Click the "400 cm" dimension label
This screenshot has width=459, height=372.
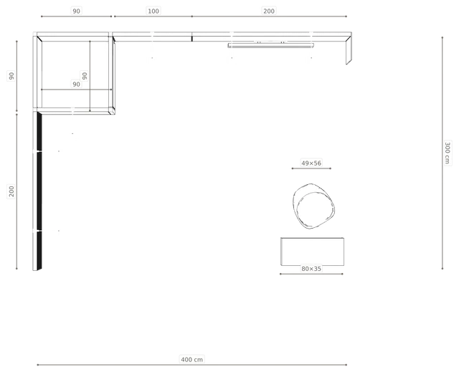point(191,359)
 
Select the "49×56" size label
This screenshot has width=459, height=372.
point(311,163)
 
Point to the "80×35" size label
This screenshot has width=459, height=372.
point(311,269)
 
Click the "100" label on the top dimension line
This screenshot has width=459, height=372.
point(153,11)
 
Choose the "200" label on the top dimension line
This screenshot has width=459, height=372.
point(269,11)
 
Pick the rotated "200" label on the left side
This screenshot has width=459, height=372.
point(11,191)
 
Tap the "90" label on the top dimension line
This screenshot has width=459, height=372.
point(76,11)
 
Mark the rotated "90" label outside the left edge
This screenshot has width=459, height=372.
point(11,76)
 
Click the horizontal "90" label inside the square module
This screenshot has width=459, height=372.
point(76,85)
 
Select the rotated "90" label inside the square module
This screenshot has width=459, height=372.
point(85,76)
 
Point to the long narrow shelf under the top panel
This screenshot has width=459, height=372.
point(271,45)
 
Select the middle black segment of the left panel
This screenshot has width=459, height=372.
point(39,191)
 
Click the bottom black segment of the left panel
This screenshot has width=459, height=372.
point(39,250)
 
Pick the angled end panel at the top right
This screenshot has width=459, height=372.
point(349,49)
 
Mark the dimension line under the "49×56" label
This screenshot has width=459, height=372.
point(311,168)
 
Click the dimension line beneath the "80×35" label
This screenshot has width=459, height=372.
point(311,274)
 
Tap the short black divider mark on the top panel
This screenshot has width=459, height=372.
point(192,39)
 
